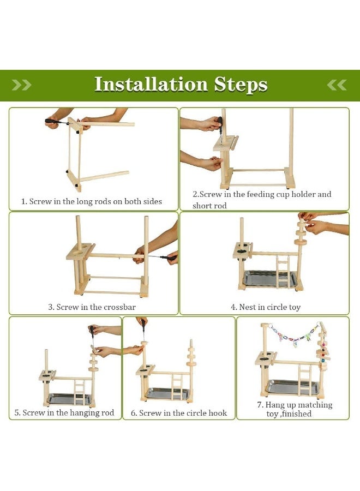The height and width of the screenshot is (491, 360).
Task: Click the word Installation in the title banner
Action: [151, 85]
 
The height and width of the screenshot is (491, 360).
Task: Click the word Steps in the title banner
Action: [241, 85]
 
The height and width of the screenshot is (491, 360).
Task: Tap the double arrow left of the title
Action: [21, 85]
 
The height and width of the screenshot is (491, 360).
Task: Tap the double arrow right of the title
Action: [337, 85]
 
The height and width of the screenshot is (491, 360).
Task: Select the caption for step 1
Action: [91, 201]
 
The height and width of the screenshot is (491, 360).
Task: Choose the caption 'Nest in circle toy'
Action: [265, 307]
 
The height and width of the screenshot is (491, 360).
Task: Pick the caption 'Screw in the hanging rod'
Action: [64, 413]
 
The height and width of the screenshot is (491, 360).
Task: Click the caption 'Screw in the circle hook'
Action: [179, 413]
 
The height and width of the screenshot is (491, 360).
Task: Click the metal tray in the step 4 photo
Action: [269, 279]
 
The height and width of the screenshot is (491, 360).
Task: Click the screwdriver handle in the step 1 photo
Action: [52, 121]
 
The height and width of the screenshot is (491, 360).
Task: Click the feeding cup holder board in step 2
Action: [224, 143]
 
